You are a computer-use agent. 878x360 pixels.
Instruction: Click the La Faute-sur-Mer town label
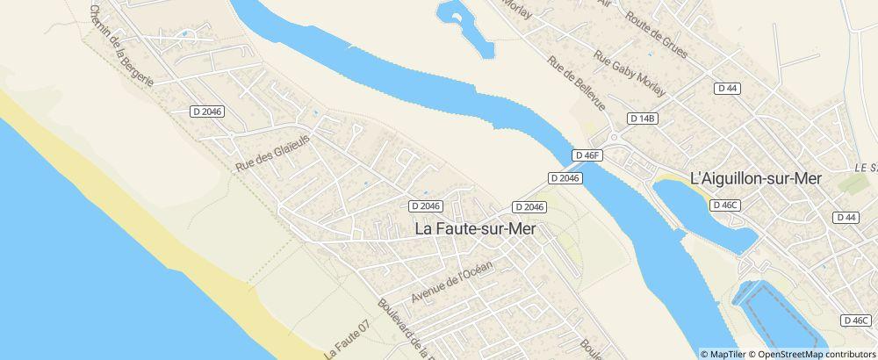pyautogui.click(x=475, y=228)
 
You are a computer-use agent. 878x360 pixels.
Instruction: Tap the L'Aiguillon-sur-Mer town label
pyautogui.click(x=756, y=178)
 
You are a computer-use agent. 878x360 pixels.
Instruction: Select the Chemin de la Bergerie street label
pyautogui.click(x=121, y=44)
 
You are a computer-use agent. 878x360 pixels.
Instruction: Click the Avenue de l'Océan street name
pyautogui.click(x=453, y=282)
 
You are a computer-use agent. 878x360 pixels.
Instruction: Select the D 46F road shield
pyautogui.click(x=587, y=155)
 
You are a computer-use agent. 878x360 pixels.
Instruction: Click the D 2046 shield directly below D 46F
pyautogui.click(x=565, y=177)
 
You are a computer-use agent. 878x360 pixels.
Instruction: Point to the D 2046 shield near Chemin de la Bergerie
pyautogui.click(x=207, y=111)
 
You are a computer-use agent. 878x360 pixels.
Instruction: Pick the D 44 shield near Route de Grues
pyautogui.click(x=726, y=88)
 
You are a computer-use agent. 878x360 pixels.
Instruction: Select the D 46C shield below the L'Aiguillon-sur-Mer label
pyautogui.click(x=726, y=205)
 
